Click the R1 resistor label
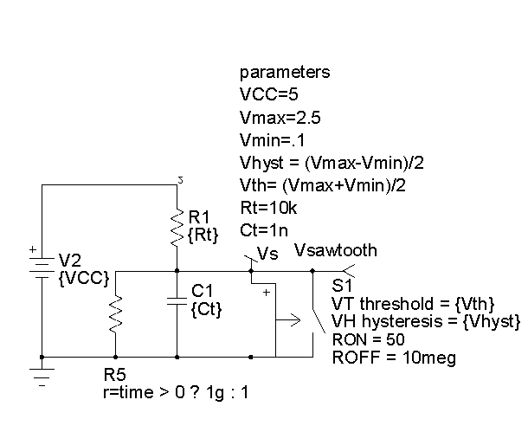[x=197, y=216]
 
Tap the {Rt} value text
[x=203, y=233]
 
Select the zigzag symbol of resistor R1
[x=177, y=227]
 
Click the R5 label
[x=113, y=376]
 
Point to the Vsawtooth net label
[x=336, y=251]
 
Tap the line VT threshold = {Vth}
[x=413, y=303]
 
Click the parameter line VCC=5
[x=269, y=94]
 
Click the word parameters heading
[x=284, y=72]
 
